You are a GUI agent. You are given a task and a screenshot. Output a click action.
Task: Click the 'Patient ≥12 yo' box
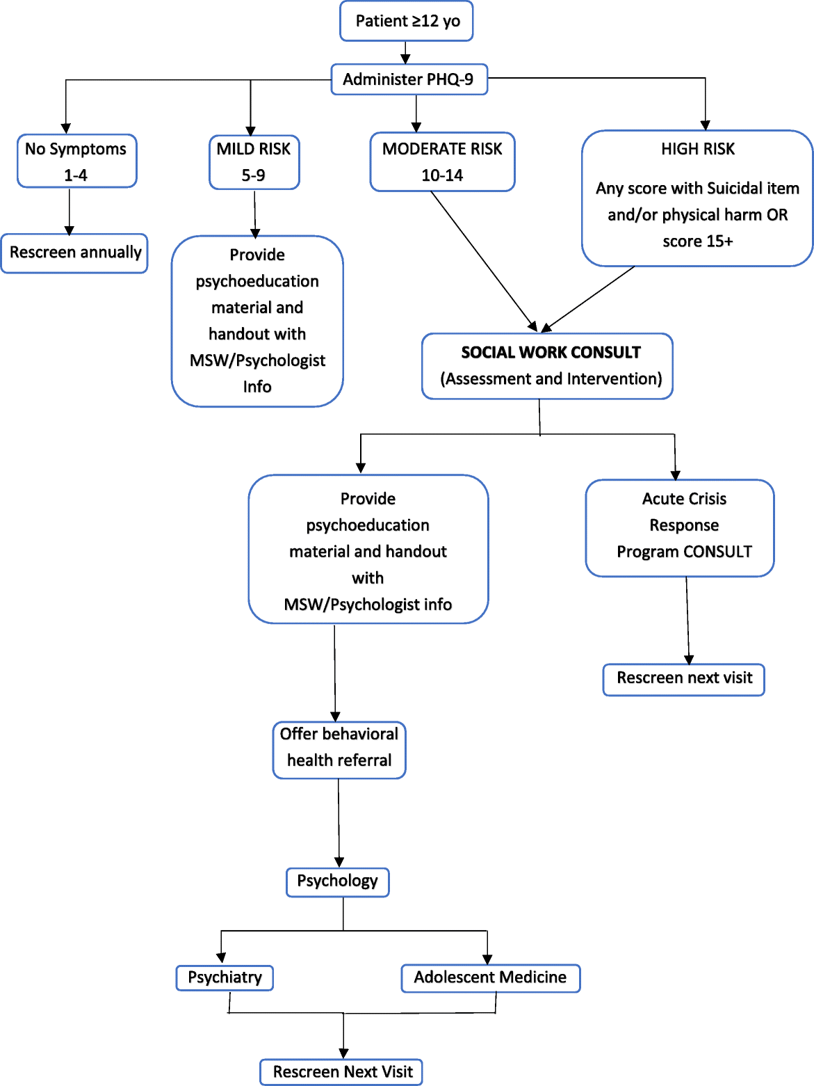click(407, 21)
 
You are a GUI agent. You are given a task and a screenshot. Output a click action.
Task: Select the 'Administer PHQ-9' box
click(409, 79)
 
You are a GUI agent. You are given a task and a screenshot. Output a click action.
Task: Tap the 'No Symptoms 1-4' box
click(76, 161)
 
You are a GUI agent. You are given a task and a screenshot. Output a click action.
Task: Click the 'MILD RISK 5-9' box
click(254, 162)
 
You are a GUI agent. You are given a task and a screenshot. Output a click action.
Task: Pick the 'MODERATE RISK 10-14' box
click(442, 162)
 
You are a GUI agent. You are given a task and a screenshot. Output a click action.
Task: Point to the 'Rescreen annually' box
click(75, 253)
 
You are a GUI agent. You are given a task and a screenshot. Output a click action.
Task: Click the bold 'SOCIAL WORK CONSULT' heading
click(551, 353)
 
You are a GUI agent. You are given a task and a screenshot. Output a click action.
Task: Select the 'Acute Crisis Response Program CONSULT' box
click(680, 527)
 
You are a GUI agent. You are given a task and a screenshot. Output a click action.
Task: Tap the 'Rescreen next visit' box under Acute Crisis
click(684, 679)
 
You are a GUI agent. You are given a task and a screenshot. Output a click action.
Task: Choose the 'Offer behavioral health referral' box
click(339, 749)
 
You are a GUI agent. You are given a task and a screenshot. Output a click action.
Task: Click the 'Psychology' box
click(338, 881)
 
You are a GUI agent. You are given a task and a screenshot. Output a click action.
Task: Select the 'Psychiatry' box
click(225, 977)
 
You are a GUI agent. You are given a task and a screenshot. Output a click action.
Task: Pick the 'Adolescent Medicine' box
click(490, 977)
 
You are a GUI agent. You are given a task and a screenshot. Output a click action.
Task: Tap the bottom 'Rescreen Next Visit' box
click(342, 1072)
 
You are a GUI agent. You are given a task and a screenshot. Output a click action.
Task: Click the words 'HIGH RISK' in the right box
click(697, 149)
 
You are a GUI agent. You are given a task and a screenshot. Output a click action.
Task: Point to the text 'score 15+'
click(697, 241)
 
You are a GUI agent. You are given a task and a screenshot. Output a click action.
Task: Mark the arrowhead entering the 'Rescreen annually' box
click(70, 230)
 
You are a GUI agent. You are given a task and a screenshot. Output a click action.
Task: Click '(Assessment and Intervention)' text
click(551, 379)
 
